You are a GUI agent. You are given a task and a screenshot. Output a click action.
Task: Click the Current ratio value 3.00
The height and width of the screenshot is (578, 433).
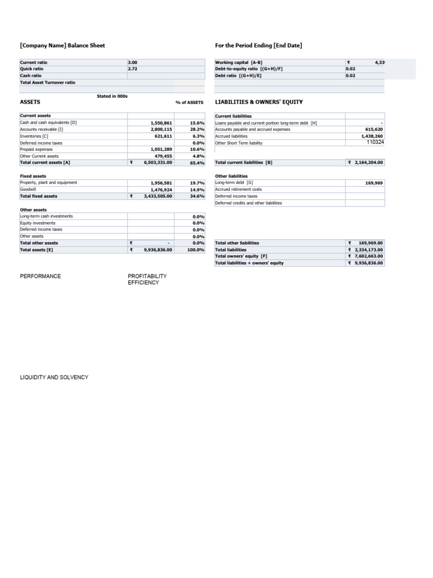tap(133, 62)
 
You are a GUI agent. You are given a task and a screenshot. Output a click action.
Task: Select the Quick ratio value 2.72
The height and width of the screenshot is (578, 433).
tap(133, 69)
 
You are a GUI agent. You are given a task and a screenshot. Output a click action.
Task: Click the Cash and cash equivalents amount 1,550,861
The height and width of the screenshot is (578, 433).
tap(161, 122)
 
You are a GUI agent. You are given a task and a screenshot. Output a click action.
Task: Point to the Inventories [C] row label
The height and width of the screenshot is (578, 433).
tap(34, 136)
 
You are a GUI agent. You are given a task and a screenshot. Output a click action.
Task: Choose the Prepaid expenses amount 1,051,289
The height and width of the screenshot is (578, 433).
tap(161, 149)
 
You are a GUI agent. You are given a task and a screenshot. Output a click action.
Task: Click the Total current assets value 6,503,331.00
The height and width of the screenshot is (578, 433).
tap(158, 163)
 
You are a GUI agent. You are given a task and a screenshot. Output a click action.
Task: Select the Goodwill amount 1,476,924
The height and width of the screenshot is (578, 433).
tap(161, 190)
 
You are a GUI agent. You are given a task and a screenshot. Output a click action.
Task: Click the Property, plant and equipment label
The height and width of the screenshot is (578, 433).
tap(48, 183)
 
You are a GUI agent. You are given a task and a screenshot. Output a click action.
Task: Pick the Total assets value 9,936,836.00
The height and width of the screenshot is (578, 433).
tap(158, 249)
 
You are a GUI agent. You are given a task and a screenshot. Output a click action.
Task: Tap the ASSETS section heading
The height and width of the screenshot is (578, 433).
tap(30, 102)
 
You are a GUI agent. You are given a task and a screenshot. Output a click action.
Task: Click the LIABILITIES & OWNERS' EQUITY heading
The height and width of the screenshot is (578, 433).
tap(259, 102)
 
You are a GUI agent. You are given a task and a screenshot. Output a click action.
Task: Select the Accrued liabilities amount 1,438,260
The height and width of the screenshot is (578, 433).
tap(372, 136)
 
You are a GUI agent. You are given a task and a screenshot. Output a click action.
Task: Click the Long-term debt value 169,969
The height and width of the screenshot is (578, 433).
tap(374, 183)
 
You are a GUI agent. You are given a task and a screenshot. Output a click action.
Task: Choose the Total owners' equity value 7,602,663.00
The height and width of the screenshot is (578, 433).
tap(368, 256)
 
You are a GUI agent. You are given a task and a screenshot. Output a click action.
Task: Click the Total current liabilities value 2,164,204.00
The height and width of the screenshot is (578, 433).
tap(368, 163)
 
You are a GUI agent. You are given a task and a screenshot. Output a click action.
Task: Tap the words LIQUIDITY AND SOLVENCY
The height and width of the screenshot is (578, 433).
tap(54, 377)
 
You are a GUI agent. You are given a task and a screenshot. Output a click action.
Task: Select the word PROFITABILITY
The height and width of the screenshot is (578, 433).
tap(147, 276)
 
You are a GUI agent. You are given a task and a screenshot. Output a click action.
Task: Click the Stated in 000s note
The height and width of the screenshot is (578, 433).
tap(112, 97)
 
